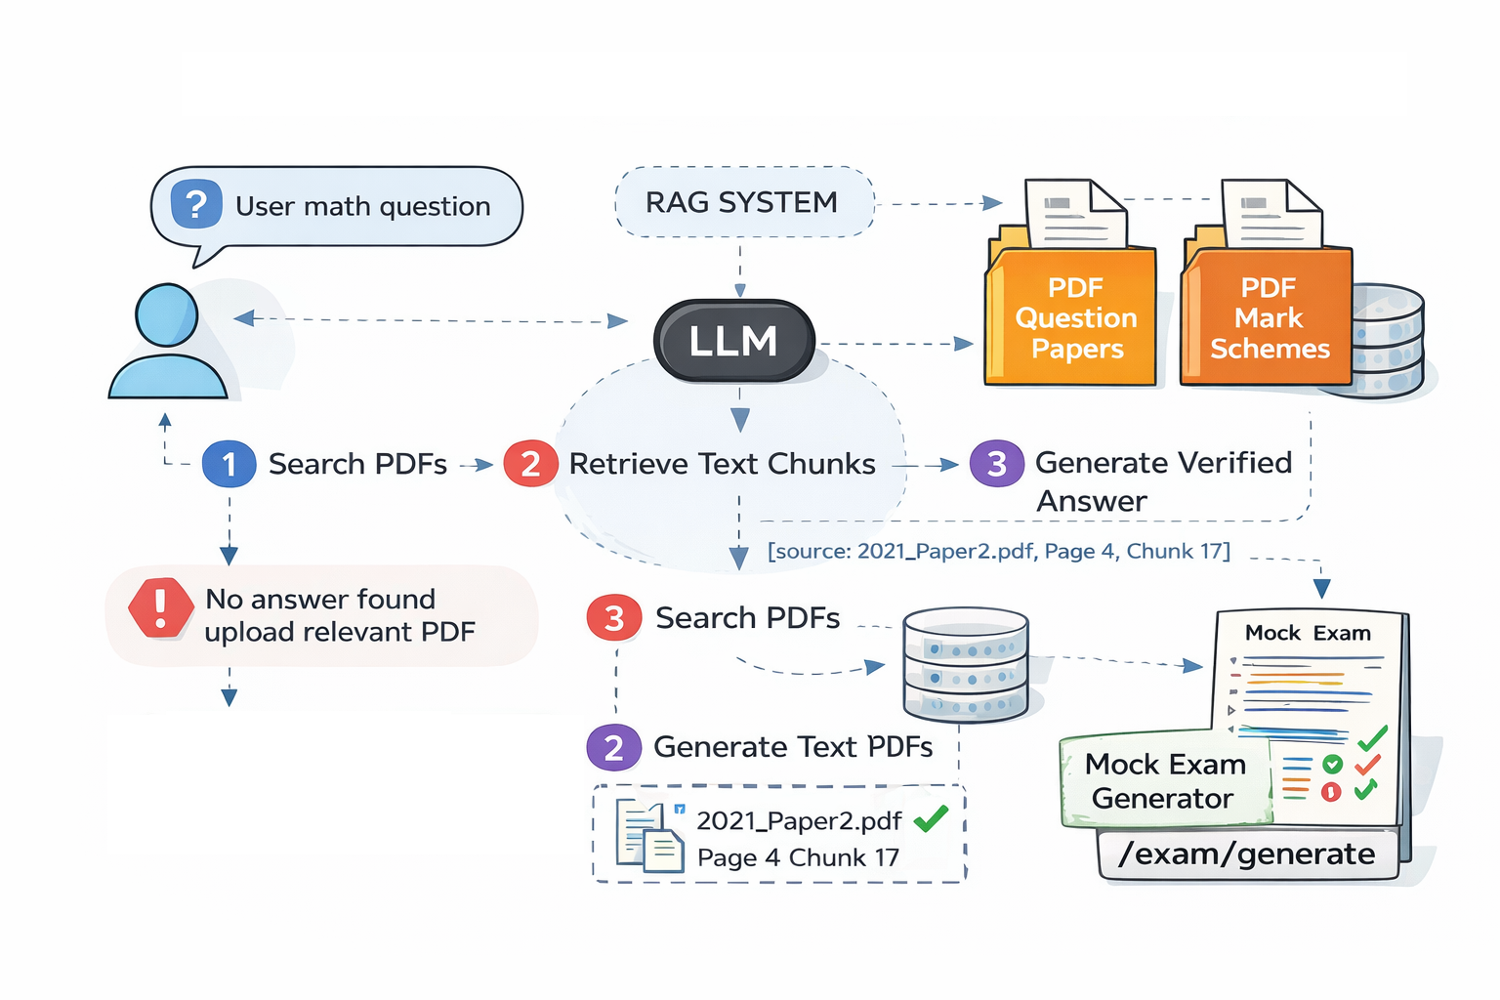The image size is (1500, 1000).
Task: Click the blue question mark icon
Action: click(x=196, y=204)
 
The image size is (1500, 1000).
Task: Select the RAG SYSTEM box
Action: click(x=743, y=202)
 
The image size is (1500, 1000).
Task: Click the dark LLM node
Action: click(x=733, y=341)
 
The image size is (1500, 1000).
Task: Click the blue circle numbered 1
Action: click(x=229, y=464)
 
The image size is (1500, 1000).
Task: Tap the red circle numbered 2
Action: click(x=530, y=464)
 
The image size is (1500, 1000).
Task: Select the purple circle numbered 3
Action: click(x=996, y=464)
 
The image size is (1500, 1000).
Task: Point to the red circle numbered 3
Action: click(x=613, y=618)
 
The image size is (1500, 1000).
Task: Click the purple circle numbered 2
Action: click(x=613, y=748)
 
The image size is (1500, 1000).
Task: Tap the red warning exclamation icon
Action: click(x=161, y=607)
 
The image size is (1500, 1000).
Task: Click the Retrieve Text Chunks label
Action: click(x=722, y=464)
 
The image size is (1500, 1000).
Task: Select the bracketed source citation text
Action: click(x=998, y=552)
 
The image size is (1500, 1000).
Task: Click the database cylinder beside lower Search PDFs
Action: click(x=965, y=664)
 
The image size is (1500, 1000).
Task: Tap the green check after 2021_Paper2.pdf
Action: click(x=931, y=818)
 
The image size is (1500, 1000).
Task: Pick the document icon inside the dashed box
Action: click(x=648, y=836)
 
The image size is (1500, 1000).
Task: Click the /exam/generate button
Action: click(x=1247, y=854)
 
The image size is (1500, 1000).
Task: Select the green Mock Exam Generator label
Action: click(x=1164, y=780)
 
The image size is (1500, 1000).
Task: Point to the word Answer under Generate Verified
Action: click(x=1091, y=502)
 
